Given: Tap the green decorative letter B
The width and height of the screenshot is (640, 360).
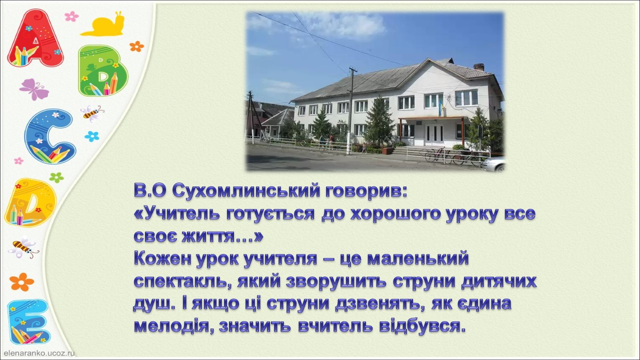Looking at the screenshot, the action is pos(103,70).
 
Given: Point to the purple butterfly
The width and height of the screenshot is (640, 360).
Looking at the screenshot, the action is pos(33,89).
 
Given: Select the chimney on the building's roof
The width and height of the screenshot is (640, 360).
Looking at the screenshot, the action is pos(479,67).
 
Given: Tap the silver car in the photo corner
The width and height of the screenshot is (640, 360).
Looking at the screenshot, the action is pos(494,164).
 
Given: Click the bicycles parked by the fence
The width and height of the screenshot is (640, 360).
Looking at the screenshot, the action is pos(451,156).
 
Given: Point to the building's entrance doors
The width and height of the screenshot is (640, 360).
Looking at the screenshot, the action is pos(434,134).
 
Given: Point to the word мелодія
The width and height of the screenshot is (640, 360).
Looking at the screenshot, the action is pos(174,326).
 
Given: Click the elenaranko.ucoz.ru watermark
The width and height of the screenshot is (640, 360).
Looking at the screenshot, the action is pos(39,353).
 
